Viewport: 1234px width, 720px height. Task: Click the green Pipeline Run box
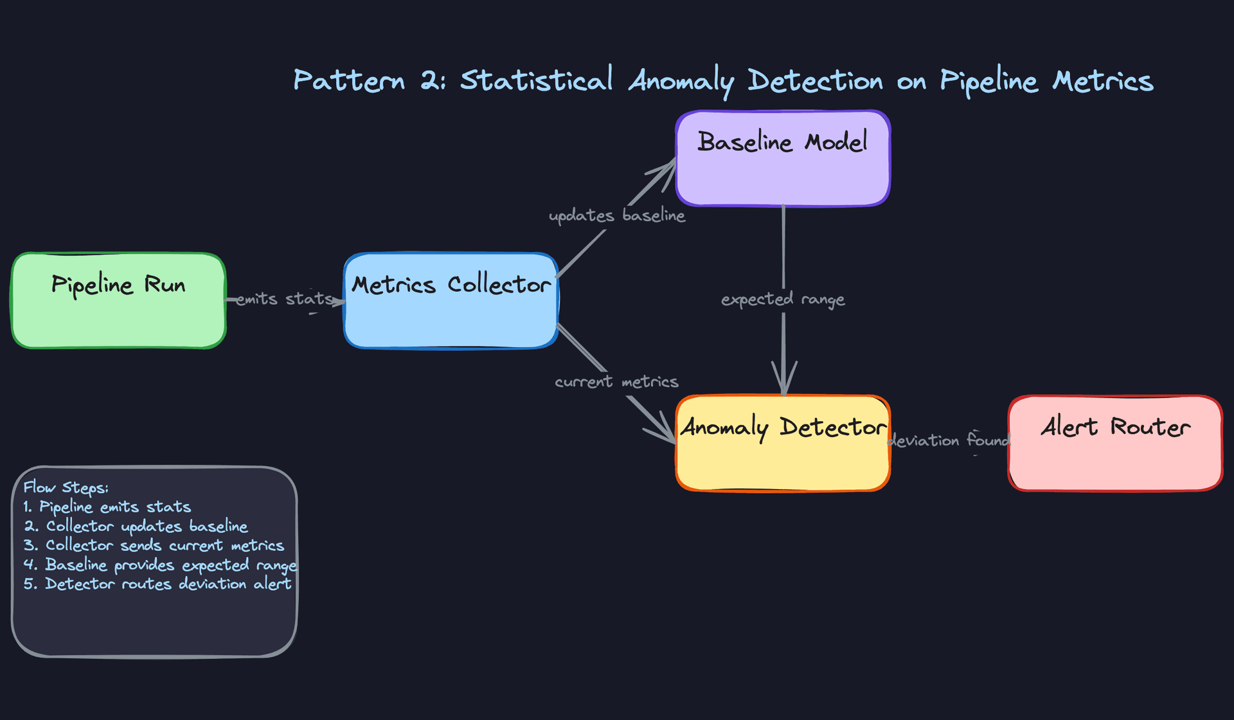click(118, 301)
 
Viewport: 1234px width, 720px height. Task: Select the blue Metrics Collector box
click(451, 301)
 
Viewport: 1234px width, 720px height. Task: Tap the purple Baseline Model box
click(782, 159)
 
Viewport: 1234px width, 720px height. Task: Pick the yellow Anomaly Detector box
click(782, 444)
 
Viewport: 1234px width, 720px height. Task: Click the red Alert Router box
click(1115, 444)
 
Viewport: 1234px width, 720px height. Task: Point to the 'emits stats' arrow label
click(284, 299)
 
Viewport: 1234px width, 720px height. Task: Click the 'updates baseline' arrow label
click(616, 215)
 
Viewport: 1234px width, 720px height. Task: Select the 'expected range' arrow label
click(782, 299)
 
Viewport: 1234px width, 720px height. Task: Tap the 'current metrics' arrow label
click(616, 382)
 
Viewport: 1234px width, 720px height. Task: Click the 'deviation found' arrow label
click(949, 440)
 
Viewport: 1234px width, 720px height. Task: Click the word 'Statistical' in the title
click(537, 80)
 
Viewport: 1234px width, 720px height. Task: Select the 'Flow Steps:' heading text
click(66, 487)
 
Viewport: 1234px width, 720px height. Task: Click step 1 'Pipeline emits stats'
click(107, 507)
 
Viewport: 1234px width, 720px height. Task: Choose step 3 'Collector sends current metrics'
click(154, 545)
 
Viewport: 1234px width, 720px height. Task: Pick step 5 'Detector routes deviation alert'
click(157, 584)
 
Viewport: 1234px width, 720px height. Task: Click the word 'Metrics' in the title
click(1102, 80)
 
